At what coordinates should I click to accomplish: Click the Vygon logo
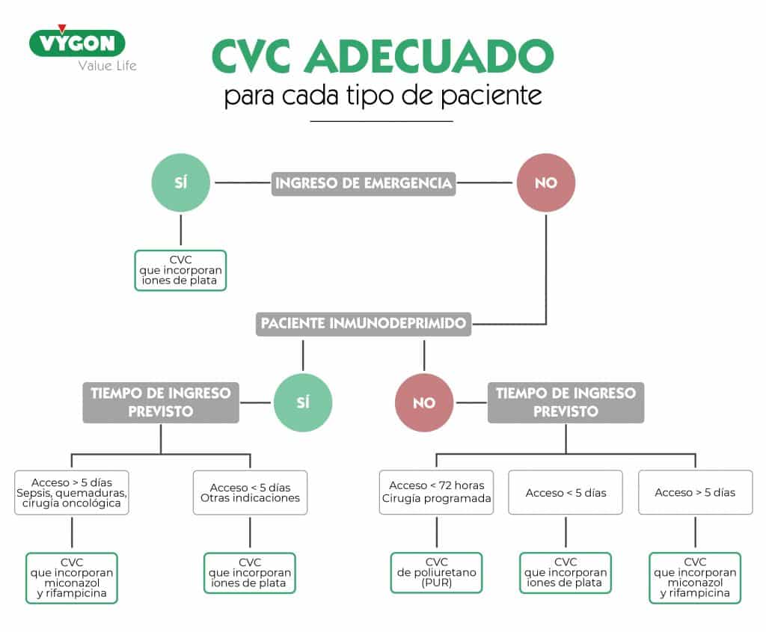coord(77,43)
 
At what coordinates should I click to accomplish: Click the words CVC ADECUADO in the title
coord(383,56)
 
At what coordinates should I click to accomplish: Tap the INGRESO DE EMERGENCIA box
coord(364,183)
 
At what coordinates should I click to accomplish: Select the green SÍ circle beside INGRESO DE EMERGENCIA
coord(181,182)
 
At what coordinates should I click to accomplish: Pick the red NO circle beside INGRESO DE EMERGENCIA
coord(546,182)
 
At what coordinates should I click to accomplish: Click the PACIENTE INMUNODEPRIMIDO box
coord(364,324)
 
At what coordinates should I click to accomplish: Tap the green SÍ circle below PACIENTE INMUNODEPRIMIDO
coord(303,402)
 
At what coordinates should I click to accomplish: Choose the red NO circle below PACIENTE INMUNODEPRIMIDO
coord(424,402)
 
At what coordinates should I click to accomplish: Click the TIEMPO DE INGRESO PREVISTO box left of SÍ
coord(161,402)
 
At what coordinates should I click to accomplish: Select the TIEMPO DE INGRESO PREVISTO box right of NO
coord(566,402)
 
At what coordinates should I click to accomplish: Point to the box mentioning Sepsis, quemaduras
coord(72,492)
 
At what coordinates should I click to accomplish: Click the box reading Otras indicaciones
coord(250,492)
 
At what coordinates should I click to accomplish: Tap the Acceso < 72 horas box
coord(436,492)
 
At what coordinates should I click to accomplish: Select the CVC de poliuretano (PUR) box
coord(436,572)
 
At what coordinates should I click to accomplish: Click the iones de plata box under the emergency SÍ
coord(181,270)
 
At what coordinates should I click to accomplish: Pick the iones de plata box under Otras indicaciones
coord(250,572)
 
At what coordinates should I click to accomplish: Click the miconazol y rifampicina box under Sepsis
coord(72,578)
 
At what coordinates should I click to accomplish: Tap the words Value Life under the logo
coord(108,66)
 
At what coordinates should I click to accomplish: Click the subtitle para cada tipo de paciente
coord(383,95)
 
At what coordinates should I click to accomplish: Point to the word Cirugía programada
coord(436,498)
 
